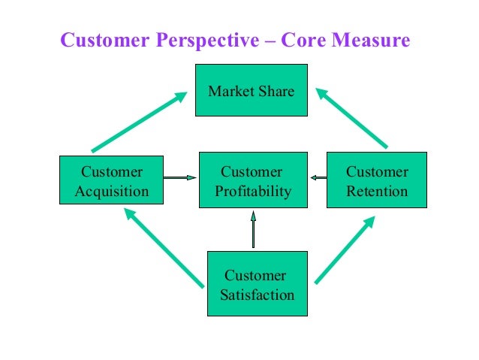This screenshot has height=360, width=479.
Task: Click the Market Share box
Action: [x=251, y=90]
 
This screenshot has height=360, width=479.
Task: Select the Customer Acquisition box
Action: [x=112, y=180]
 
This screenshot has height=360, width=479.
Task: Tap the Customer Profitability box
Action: [x=252, y=180]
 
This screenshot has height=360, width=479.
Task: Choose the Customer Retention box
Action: [x=377, y=180]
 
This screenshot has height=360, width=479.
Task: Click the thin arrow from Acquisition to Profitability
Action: [x=180, y=178]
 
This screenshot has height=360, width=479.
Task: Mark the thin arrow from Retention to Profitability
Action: [x=318, y=178]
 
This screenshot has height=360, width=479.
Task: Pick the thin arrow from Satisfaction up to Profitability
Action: [x=254, y=229]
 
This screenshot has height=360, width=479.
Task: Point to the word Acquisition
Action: [x=112, y=191]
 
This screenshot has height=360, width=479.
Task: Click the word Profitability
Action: [x=253, y=191]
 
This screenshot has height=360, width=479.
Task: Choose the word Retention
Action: [x=377, y=191]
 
